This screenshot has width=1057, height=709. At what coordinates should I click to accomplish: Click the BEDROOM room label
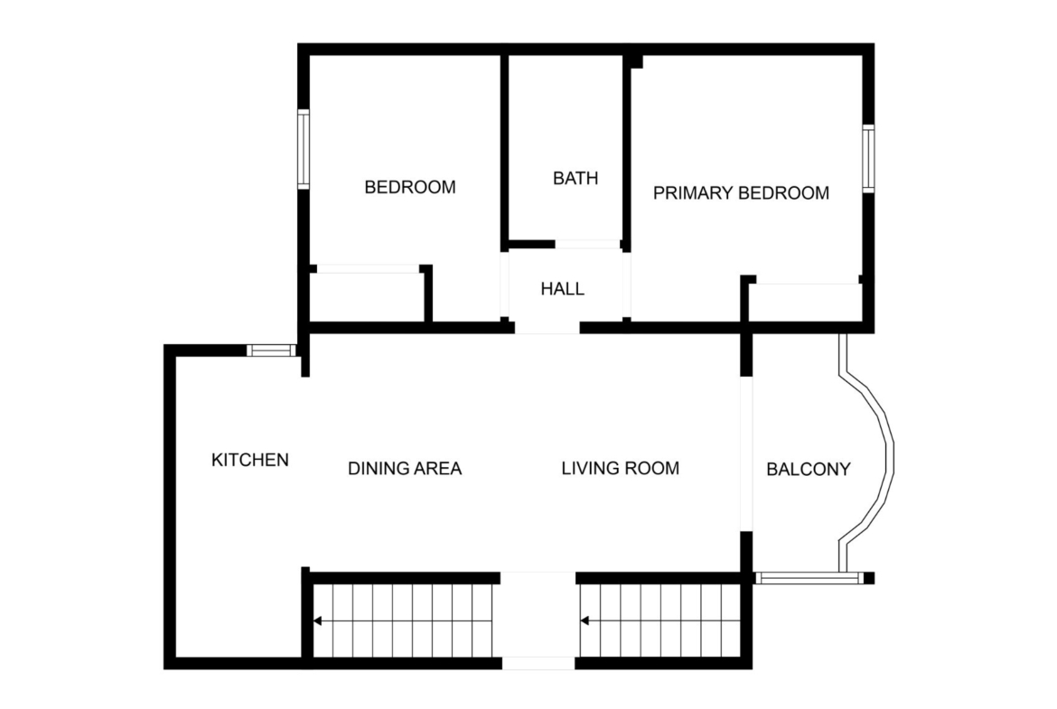click(x=410, y=187)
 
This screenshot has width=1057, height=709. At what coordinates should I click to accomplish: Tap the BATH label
click(x=575, y=179)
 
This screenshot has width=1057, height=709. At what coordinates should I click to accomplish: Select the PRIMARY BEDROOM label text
click(x=741, y=193)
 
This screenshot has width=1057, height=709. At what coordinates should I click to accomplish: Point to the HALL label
click(x=562, y=289)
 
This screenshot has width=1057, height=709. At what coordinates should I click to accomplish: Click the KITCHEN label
click(x=250, y=461)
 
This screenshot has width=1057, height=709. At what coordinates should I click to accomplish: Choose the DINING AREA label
click(x=405, y=469)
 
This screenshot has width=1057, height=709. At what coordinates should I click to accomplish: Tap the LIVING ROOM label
click(x=620, y=469)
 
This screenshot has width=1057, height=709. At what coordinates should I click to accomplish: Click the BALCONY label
click(x=809, y=469)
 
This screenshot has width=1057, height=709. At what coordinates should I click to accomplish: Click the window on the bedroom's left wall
click(x=304, y=149)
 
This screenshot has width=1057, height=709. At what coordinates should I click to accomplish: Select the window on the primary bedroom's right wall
click(x=868, y=158)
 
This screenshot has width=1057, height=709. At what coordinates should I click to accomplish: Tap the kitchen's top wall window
click(x=271, y=350)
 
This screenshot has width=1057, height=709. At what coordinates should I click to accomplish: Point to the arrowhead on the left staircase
click(x=317, y=620)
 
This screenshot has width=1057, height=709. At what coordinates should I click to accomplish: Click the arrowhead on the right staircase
click(x=585, y=620)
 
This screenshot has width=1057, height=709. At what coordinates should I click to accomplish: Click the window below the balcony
click(x=809, y=578)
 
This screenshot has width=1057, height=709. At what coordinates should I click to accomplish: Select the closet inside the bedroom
click(x=368, y=297)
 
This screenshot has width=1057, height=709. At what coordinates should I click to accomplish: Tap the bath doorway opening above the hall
click(x=587, y=245)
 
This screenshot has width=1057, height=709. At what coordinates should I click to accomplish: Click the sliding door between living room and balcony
click(x=746, y=453)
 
